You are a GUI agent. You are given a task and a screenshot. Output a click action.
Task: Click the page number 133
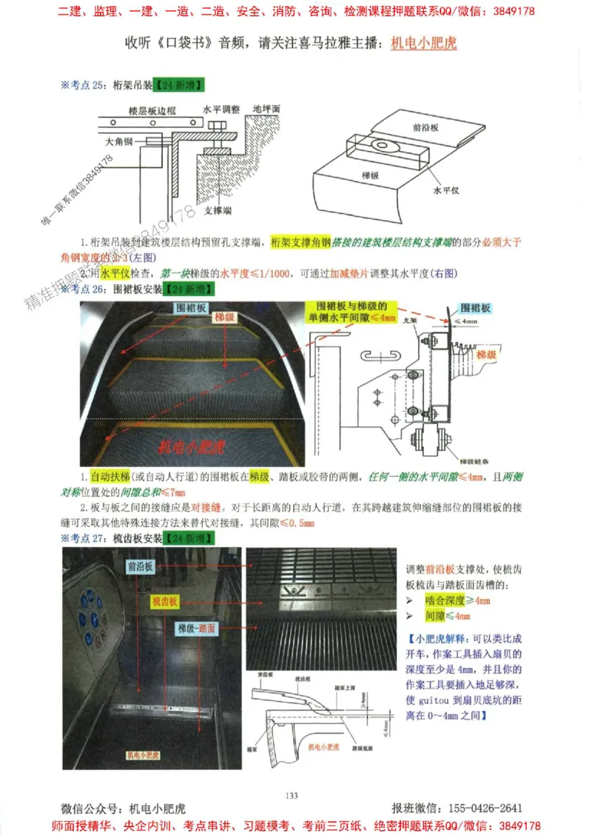pyautogui.click(x=292, y=795)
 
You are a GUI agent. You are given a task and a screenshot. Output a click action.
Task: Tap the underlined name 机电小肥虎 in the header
pyautogui.click(x=423, y=43)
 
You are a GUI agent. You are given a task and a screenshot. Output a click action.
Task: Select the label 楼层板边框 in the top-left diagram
pyautogui.click(x=152, y=110)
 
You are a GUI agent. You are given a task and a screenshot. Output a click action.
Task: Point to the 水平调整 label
pyautogui.click(x=221, y=108)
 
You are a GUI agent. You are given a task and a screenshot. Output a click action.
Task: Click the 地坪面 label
pyautogui.click(x=266, y=108)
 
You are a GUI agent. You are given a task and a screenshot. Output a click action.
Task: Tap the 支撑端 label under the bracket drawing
pyautogui.click(x=217, y=211)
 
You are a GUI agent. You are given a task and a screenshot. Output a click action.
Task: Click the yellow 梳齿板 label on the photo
pyautogui.click(x=164, y=601)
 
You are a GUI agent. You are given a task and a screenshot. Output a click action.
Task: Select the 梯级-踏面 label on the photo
pyautogui.click(x=196, y=628)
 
